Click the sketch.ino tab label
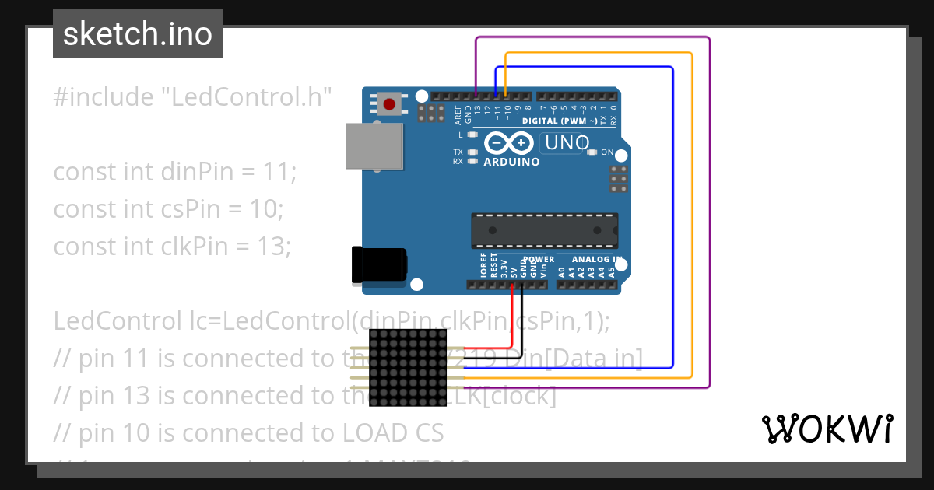pos(138,34)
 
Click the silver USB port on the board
pos(374,146)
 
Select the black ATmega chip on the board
pos(544,231)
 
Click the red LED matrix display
pos(407,367)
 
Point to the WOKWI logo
pos(827,429)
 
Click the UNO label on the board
pos(567,144)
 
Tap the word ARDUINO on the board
pos(511,162)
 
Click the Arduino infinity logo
pos(509,144)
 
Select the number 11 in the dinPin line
pos(277,171)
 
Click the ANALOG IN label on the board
pos(597,259)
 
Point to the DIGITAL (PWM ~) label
pos(560,121)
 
